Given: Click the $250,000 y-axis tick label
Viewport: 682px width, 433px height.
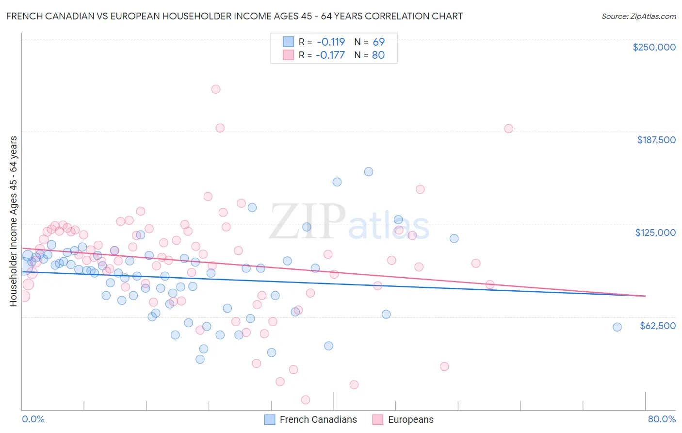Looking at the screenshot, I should click(654, 47).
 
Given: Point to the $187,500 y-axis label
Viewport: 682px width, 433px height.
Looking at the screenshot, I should click(656, 140).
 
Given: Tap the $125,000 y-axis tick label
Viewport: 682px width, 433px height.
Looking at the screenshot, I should click(655, 233).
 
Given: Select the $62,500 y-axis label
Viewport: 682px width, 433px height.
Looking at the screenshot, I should click(657, 326).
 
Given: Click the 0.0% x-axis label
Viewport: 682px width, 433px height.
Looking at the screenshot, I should click(33, 419).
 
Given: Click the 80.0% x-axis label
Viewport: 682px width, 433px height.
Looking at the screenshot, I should click(662, 419).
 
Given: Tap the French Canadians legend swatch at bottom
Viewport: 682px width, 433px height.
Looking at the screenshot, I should click(270, 419).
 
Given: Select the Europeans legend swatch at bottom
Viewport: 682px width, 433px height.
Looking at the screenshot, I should click(378, 419).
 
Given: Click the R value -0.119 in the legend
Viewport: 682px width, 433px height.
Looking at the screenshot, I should click(330, 42).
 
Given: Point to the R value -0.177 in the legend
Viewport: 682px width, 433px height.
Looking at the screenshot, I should click(330, 55).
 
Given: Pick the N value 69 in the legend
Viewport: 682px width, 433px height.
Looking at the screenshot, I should click(378, 42).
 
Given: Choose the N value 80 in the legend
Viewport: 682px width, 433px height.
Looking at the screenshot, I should click(378, 55).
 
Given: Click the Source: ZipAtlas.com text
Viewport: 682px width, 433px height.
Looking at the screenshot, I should click(638, 16).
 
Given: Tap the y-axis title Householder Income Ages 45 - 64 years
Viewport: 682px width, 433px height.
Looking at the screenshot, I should click(13, 221).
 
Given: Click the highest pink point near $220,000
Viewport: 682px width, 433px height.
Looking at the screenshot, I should click(216, 89).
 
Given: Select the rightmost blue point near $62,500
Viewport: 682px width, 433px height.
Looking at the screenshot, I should click(617, 327).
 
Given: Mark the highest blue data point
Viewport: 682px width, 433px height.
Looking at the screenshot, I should click(369, 172).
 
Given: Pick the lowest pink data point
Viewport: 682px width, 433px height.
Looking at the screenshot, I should click(306, 400).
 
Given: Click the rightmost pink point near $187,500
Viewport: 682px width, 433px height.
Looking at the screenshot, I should click(508, 129).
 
